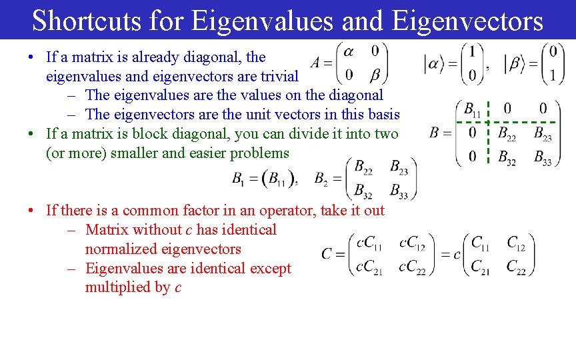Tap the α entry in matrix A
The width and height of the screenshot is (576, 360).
349,51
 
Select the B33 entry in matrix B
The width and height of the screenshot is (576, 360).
542,158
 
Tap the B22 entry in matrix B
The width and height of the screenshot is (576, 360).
507,133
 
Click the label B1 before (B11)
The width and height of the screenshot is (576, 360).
238,179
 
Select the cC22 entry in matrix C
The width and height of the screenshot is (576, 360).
412,267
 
